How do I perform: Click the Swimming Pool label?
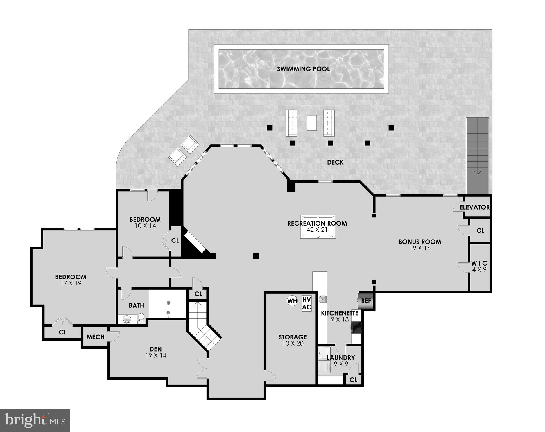point(303,69)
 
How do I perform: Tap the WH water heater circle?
point(292,301)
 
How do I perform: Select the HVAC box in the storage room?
point(307,303)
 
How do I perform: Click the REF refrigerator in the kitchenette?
point(366,301)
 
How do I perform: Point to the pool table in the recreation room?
point(318,227)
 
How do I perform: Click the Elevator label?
point(474,207)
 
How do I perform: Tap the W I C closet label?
point(479,264)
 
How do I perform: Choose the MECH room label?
point(96,337)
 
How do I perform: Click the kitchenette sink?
point(322,299)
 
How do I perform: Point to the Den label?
point(156,349)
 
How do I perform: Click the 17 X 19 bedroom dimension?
point(71,283)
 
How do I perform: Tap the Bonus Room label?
point(420,242)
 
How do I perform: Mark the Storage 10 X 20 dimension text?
point(293,343)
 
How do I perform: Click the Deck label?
point(335,162)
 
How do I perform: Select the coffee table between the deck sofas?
point(311,123)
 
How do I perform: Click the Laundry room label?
point(341,357)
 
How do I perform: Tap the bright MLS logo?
point(35,420)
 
